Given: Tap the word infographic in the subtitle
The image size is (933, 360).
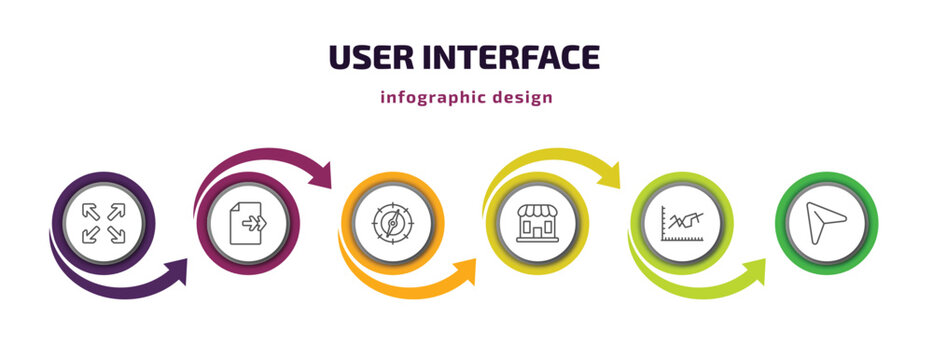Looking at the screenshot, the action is tap(433, 98).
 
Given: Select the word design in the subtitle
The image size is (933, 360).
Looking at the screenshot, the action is tap(524, 98).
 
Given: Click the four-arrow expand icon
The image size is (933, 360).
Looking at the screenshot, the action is tap(104, 222).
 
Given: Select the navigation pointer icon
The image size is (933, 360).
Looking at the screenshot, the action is tap(827, 221).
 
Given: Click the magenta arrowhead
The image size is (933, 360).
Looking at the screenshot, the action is tap(321, 174).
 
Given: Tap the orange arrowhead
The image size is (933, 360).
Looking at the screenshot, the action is tap(466, 270).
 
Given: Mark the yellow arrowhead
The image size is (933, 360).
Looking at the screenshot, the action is tap(609, 174).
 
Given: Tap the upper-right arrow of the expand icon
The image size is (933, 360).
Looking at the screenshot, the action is tap(116, 210).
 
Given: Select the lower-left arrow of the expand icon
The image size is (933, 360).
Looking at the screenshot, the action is tap(92, 234).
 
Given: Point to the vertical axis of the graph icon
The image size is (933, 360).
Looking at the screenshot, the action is tap(664, 222).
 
